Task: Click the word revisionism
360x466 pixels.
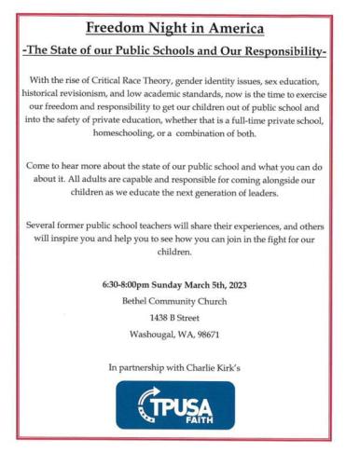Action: pos(98,95)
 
